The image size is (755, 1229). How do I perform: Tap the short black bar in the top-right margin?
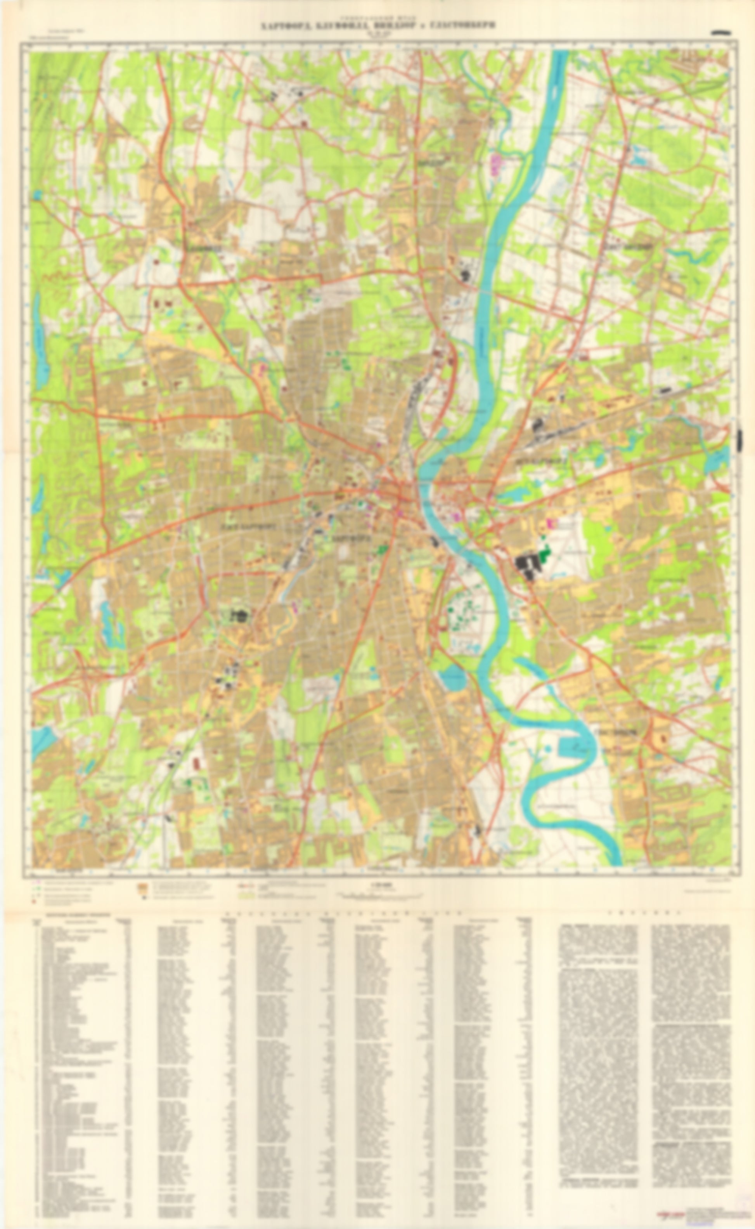coord(722,33)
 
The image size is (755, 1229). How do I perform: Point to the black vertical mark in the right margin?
coord(740,439)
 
